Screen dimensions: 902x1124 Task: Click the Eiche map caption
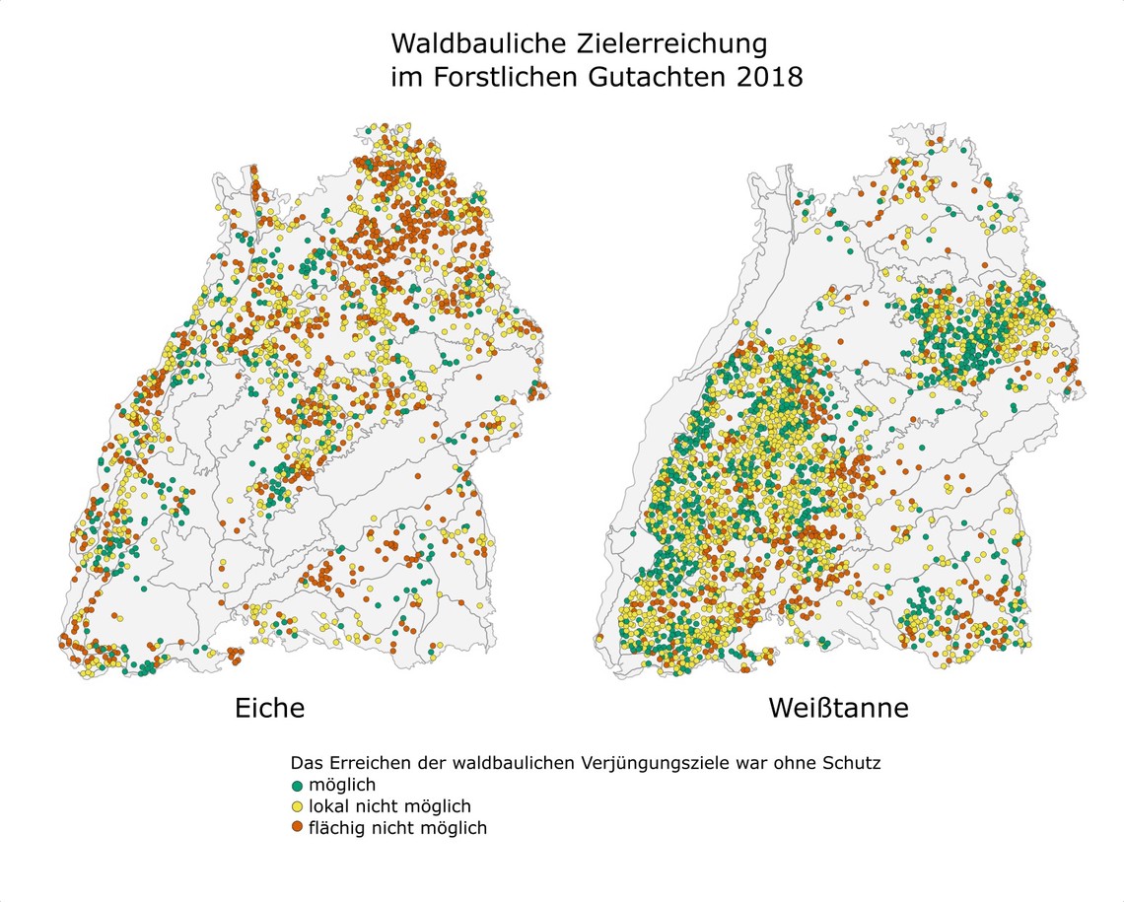pyautogui.click(x=269, y=708)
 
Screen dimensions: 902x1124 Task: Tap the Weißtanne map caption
pyautogui.click(x=838, y=708)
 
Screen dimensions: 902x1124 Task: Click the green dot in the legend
pyautogui.click(x=298, y=786)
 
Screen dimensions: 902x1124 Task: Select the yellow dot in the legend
pyautogui.click(x=298, y=807)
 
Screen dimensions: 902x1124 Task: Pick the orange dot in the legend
pyautogui.click(x=298, y=828)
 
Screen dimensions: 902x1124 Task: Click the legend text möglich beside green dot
pyautogui.click(x=342, y=786)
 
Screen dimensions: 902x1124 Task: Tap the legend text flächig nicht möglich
pyautogui.click(x=397, y=828)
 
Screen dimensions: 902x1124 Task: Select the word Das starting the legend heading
pyautogui.click(x=305, y=764)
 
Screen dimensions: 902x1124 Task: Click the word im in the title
pyautogui.click(x=404, y=78)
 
